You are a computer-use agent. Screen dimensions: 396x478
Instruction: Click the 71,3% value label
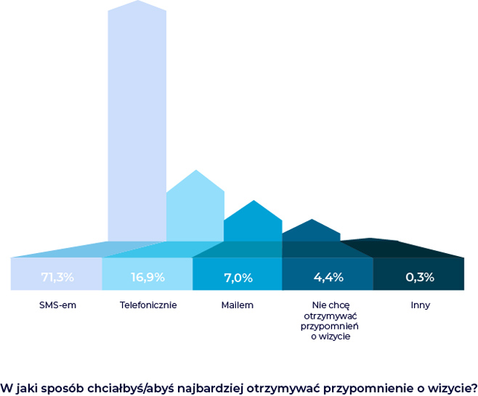(57, 277)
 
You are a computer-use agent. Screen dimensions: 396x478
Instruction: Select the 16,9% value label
(147, 277)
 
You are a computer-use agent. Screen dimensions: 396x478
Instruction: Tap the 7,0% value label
(238, 278)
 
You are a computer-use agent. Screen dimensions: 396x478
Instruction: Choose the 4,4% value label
(328, 277)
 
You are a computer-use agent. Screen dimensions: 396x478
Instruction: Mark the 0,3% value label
(420, 277)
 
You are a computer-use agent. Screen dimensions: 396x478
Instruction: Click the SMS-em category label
(57, 305)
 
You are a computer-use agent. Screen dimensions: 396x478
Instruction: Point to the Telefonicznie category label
(147, 305)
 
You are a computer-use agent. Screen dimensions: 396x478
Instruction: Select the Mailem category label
(238, 305)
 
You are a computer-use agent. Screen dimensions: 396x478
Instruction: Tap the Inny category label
(420, 305)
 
